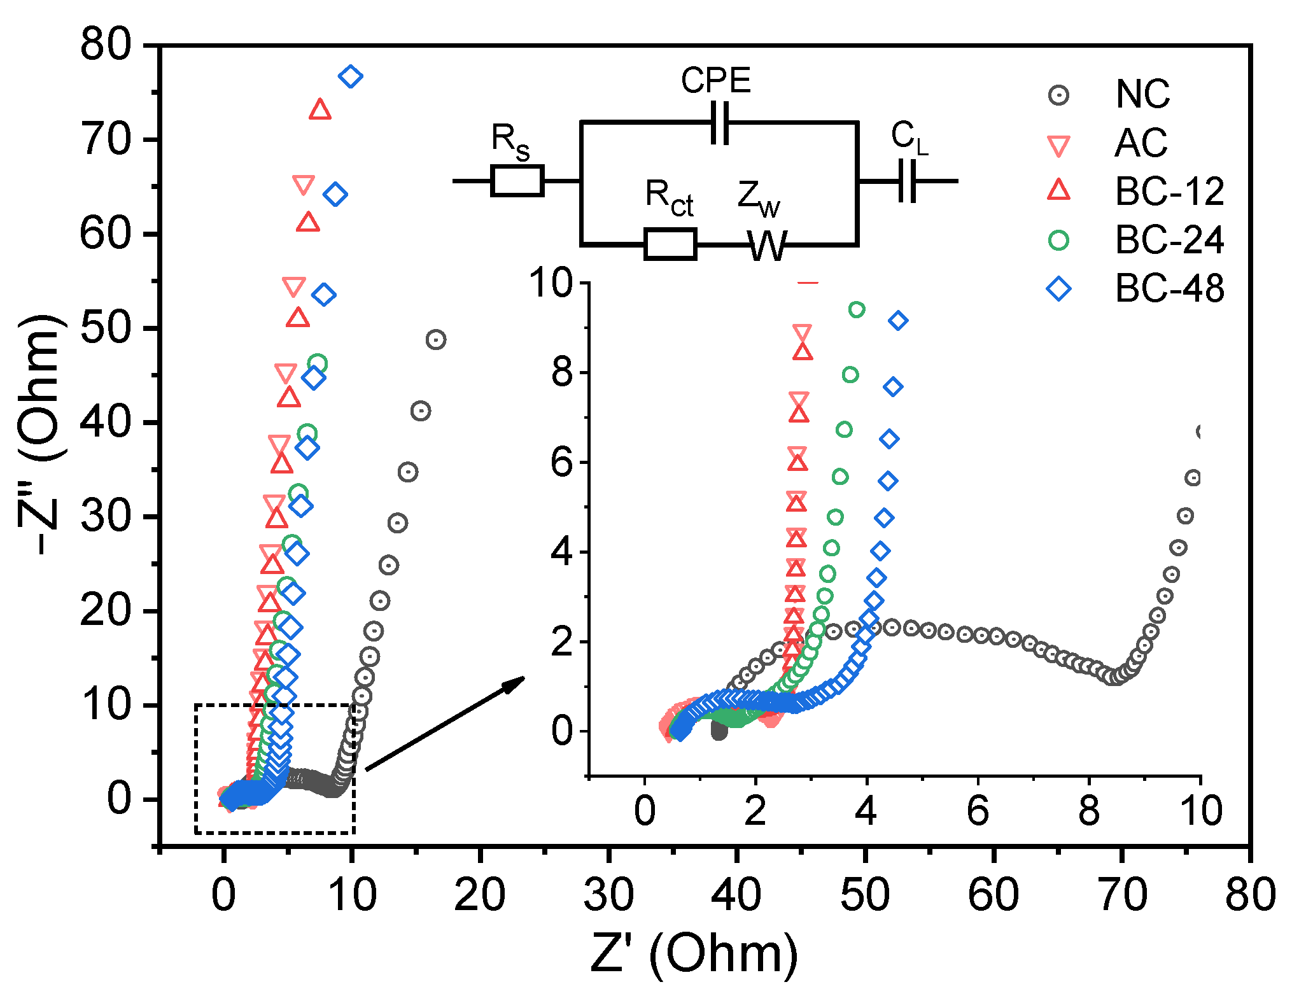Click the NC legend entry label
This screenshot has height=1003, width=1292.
[x=1142, y=94]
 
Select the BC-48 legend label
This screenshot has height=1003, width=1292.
[x=1169, y=288]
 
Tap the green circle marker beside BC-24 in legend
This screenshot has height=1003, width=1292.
[x=1058, y=240]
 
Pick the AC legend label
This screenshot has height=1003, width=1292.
[x=1141, y=143]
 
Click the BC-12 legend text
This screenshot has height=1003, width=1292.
[x=1169, y=191]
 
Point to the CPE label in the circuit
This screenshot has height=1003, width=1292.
[x=715, y=81]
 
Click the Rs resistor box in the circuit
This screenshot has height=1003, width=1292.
[x=517, y=181]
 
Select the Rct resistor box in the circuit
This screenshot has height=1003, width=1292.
[x=670, y=244]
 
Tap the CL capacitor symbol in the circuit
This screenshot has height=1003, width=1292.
[x=908, y=181]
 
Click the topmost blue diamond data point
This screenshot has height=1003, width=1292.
[x=351, y=77]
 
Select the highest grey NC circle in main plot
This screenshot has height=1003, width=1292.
[x=435, y=340]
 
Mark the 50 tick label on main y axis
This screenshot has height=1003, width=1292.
[x=106, y=328]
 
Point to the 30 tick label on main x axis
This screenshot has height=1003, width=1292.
[x=608, y=894]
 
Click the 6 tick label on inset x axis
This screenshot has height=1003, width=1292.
[x=978, y=811]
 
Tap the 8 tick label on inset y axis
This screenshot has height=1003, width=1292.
[x=563, y=372]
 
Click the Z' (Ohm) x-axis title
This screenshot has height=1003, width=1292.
[x=694, y=953]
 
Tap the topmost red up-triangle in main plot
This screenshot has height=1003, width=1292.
[x=320, y=110]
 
